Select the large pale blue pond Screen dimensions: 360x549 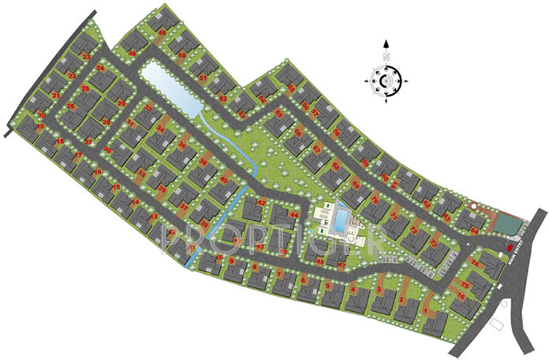pyautogui.click(x=168, y=88)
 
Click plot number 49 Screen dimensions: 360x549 pyautogui.click(x=162, y=33)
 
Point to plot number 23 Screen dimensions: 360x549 pyautogui.click(x=86, y=57)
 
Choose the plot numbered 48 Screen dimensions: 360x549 pyautogui.click(x=132, y=53)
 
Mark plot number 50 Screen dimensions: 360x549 pyautogui.click(x=182, y=56)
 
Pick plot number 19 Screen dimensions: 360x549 pyautogui.click(x=40, y=126)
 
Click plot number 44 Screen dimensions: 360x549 pyautogui.click(x=295, y=215)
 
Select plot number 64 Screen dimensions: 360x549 pyautogui.click(x=474, y=231)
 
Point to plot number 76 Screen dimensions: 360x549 pyautogui.click(x=461, y=296)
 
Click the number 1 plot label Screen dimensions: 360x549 pyautogui.click(x=425, y=312)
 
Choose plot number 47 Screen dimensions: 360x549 pyautogui.click(x=342, y=265)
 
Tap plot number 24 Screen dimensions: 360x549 pyautogui.click(x=100, y=69)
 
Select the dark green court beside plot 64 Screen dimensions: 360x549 pyautogui.click(x=506, y=224)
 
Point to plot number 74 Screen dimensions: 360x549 pyautogui.click(x=475, y=262)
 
